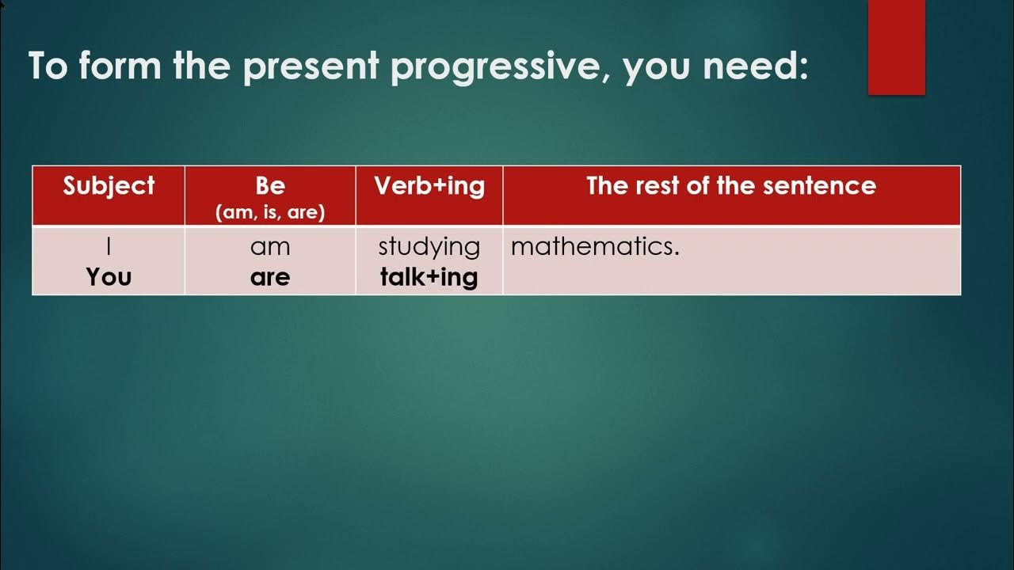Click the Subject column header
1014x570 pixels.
[x=109, y=186]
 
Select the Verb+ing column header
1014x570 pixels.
[x=429, y=186]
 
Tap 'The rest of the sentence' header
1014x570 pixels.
[x=730, y=186]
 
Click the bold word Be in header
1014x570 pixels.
[x=270, y=186]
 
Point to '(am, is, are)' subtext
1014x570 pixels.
[x=270, y=213]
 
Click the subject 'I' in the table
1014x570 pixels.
[x=109, y=247]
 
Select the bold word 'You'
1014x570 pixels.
[x=109, y=277]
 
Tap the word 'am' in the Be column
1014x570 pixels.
[x=270, y=247]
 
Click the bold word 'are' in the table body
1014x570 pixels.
[x=270, y=277]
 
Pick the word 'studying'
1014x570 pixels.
[x=429, y=247]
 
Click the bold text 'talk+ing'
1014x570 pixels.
[x=429, y=277]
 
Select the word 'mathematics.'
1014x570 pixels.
[x=595, y=247]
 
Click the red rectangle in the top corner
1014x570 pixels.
[x=896, y=47]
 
